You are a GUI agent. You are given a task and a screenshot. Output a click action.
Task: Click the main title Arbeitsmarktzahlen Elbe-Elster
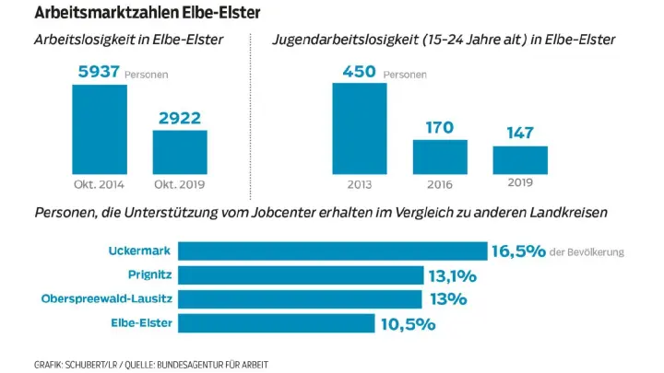[x=147, y=13]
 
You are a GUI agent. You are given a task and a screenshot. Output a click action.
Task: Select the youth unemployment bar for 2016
[x=440, y=157]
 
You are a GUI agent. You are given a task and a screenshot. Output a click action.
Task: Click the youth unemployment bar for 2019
[x=520, y=159]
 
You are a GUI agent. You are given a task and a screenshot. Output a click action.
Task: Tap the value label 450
[x=360, y=71]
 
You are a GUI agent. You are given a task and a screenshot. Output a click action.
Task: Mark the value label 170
[x=440, y=127]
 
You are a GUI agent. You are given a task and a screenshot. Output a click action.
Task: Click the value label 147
[x=520, y=134]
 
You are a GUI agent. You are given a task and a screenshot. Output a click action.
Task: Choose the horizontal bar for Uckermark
[x=332, y=251]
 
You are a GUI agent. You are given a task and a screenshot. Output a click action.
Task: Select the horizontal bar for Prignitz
[x=300, y=275]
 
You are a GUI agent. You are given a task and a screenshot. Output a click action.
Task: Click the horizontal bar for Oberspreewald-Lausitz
[x=299, y=299]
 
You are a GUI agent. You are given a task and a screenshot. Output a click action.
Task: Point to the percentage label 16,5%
[x=519, y=251]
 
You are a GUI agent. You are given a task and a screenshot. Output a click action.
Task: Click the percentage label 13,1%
[x=452, y=275]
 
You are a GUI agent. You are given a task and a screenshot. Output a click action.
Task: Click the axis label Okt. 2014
[x=100, y=183]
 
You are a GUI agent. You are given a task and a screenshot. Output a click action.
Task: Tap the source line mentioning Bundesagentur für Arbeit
[x=152, y=363]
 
